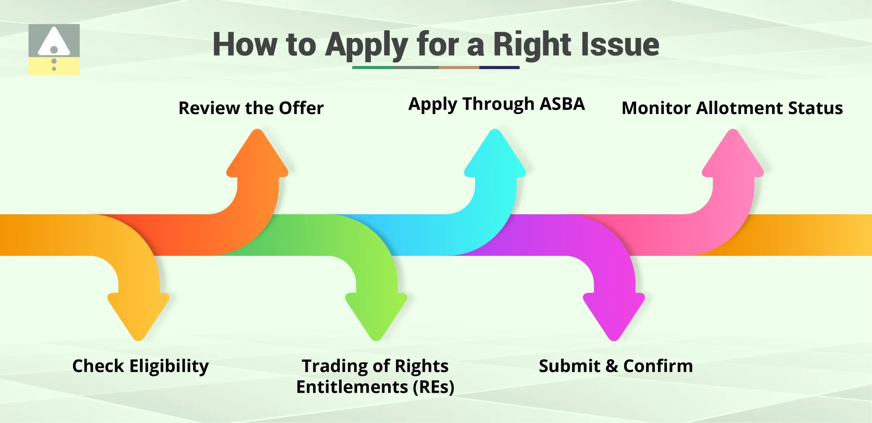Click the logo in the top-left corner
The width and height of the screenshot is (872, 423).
point(54,49)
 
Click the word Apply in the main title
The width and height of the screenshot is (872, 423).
point(366,45)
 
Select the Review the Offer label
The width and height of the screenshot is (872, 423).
point(251,108)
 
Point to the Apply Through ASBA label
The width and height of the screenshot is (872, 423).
point(496,104)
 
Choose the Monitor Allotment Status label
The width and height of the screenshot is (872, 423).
point(732,108)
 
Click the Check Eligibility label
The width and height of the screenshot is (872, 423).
point(141,366)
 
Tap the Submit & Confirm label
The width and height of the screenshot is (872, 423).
point(616,366)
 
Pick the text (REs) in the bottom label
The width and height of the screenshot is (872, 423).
point(433,387)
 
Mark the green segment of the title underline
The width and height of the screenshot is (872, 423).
point(372,67)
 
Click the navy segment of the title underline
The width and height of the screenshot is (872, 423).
point(499,67)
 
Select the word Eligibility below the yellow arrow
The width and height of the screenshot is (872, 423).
point(169,366)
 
